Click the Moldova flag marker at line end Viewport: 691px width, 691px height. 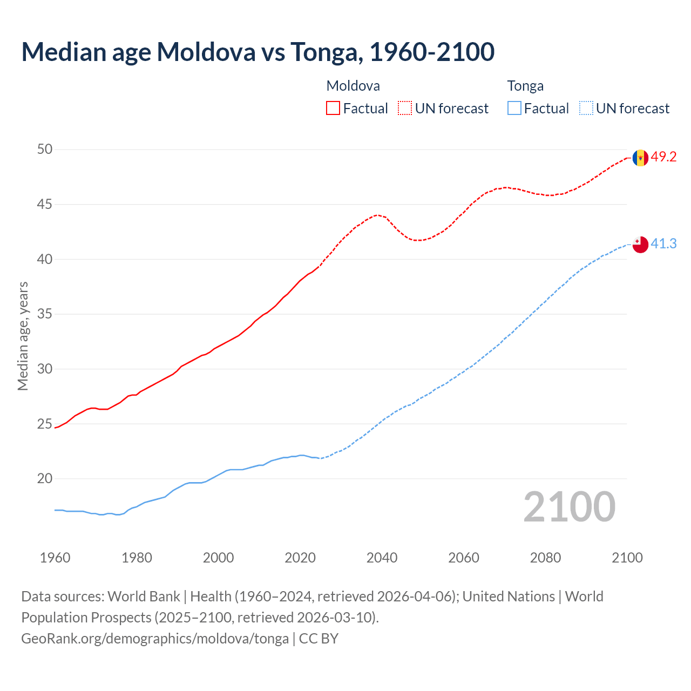[x=640, y=158]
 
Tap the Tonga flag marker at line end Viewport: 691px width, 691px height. [x=640, y=245]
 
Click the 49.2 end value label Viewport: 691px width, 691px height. [x=663, y=157]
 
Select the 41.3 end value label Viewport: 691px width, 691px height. [x=663, y=244]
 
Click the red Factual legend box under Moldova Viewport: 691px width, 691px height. [x=333, y=109]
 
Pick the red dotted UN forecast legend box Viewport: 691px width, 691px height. [x=405, y=109]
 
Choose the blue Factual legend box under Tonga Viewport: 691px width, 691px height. [x=514, y=109]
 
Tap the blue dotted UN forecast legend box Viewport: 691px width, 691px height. [x=586, y=109]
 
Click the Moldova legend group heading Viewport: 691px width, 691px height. [x=353, y=86]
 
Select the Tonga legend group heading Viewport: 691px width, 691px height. [x=525, y=86]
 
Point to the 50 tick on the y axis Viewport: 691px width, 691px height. [x=45, y=149]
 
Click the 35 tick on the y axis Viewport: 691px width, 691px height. [x=45, y=314]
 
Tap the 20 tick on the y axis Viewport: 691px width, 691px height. [x=45, y=478]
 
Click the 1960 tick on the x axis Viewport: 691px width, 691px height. [x=55, y=558]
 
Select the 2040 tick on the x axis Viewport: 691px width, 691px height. [x=382, y=558]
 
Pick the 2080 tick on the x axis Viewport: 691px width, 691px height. [x=545, y=558]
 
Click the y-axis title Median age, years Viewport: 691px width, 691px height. [x=23, y=336]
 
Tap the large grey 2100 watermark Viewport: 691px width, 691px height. [x=570, y=506]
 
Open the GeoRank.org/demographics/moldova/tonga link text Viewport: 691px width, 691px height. [x=155, y=639]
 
